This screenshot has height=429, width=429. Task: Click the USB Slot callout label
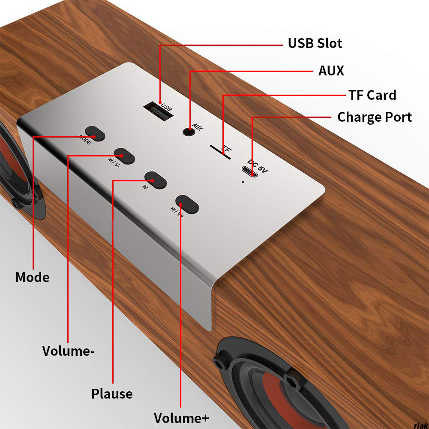[x=315, y=43]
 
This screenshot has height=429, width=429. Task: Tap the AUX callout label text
[x=331, y=71]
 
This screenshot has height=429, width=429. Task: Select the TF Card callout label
[x=372, y=95]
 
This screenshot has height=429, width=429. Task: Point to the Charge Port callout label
[x=375, y=117]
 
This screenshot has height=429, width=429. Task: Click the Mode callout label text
[x=32, y=277]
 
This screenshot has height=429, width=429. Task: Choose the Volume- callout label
[x=68, y=351]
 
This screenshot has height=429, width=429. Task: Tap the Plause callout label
[x=112, y=393]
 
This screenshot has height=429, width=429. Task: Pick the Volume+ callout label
[x=181, y=417]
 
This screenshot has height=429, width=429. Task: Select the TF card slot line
[x=220, y=152]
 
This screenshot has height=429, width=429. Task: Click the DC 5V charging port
[x=250, y=173]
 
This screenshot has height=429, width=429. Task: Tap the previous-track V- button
[x=124, y=156]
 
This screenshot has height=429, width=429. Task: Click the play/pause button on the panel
[x=155, y=180]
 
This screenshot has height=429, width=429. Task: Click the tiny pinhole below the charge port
[x=243, y=182]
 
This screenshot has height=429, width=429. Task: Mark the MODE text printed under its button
[x=84, y=140]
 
